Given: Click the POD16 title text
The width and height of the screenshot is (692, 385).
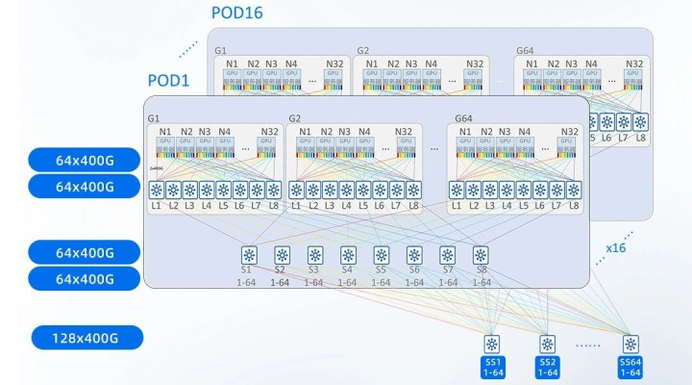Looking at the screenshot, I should pyautogui.click(x=237, y=13).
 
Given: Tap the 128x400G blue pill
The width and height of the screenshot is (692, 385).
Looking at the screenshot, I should pyautogui.click(x=86, y=338).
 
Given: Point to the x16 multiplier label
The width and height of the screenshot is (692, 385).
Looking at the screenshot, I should pyautogui.click(x=617, y=247).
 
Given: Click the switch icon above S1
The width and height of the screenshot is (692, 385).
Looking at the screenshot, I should pyautogui.click(x=249, y=256).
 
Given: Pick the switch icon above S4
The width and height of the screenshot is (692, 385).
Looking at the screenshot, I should pyautogui.click(x=348, y=256).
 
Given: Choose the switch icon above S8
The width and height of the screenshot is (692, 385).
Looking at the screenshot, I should pyautogui.click(x=481, y=256).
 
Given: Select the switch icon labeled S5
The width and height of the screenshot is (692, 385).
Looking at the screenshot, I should pyautogui.click(x=381, y=256).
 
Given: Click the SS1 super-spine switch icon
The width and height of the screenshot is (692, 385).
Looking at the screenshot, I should pyautogui.click(x=491, y=344).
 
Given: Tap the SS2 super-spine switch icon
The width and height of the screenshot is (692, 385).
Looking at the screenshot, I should pyautogui.click(x=547, y=344).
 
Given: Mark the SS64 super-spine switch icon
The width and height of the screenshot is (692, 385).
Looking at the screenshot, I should pyautogui.click(x=630, y=344).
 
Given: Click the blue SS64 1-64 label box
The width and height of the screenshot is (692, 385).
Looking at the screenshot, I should pyautogui.click(x=630, y=366).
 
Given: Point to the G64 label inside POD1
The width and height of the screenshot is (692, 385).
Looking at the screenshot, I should pyautogui.click(x=465, y=118).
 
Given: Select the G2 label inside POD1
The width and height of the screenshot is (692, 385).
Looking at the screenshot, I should pyautogui.click(x=295, y=118).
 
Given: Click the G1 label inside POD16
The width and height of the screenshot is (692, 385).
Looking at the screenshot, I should pyautogui.click(x=220, y=50).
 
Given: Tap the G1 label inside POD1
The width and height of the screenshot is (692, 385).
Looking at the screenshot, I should pyautogui.click(x=154, y=118).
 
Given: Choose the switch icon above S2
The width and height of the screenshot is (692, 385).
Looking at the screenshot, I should pyautogui.click(x=282, y=256).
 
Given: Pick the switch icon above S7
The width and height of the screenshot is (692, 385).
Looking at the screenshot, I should pyautogui.click(x=447, y=256).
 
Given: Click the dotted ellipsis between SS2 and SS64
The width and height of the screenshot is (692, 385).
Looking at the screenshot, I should pyautogui.click(x=588, y=345).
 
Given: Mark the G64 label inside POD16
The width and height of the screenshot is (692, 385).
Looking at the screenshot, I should pyautogui.click(x=525, y=50).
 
